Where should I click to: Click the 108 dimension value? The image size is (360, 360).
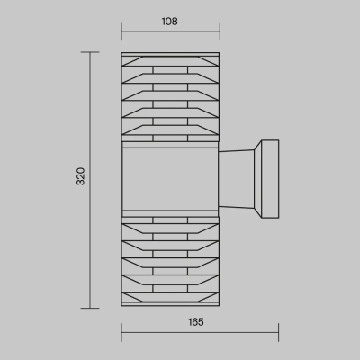click(x=170, y=22)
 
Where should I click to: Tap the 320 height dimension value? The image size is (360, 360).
click(x=81, y=176)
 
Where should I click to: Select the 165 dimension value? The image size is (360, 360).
click(x=196, y=322)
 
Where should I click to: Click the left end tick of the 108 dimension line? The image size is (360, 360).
click(x=121, y=31)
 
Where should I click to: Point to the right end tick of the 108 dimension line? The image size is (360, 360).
click(x=220, y=31)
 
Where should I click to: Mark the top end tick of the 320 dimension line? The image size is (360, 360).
click(x=90, y=52)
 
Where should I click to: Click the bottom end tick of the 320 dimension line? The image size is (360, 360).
click(x=90, y=308)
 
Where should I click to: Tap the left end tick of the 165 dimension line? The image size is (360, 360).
click(x=121, y=332)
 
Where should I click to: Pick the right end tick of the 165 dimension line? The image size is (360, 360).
click(x=278, y=332)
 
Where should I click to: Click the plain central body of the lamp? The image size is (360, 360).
click(x=170, y=179)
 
